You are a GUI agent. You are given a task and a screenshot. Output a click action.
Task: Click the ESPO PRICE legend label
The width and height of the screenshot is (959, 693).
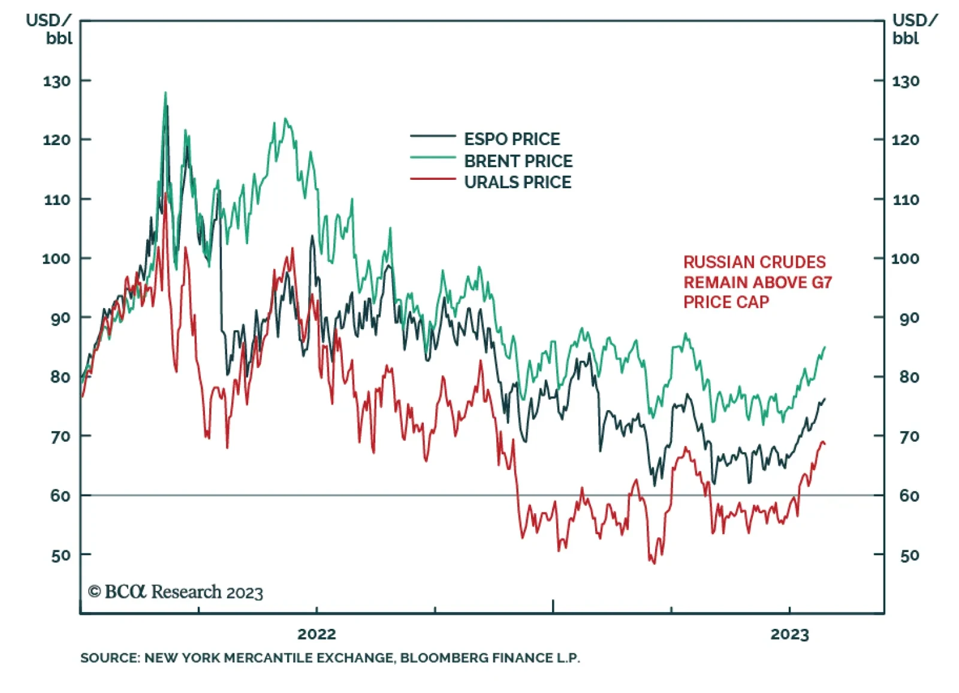511,139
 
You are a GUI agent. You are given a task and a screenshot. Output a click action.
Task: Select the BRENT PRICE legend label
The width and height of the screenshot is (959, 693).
518,161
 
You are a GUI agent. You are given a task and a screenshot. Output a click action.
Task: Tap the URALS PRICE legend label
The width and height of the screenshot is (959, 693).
517,182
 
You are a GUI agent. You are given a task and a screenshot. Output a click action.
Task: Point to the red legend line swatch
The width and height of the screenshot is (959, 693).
433,179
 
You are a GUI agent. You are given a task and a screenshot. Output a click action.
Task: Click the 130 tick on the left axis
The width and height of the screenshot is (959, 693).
57,81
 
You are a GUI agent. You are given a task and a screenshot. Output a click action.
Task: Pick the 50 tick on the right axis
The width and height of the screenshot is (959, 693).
909,555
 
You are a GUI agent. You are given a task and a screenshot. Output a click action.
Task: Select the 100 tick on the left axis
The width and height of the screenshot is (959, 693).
57,259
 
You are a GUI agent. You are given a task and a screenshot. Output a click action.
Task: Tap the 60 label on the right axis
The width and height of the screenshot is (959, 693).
909,496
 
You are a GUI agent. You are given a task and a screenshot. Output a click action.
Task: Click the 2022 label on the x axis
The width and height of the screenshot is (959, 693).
316,634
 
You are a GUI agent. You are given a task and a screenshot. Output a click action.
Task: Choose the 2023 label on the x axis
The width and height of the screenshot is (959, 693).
789,634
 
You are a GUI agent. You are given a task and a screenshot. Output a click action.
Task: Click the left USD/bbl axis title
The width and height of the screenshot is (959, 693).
49,29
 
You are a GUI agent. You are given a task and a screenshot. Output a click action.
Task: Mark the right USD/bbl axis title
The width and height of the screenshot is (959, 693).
915,29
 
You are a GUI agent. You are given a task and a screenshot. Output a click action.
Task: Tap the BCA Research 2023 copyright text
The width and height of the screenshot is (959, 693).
176,592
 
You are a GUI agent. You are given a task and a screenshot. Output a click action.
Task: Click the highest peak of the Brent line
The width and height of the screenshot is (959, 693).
165,93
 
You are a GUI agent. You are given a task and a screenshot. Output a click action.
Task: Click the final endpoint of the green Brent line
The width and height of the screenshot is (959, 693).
825,346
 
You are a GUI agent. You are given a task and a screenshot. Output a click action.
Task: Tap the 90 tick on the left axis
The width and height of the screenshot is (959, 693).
60,318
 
